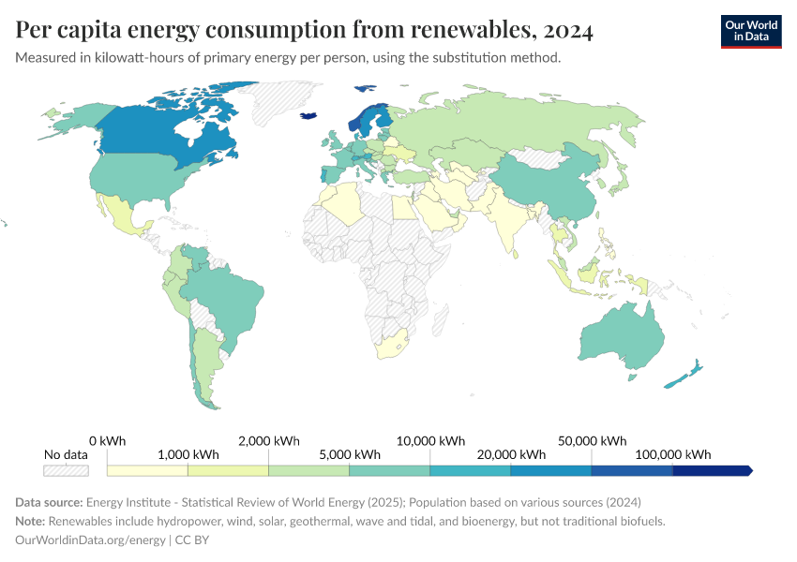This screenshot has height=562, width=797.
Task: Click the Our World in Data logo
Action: (750, 31)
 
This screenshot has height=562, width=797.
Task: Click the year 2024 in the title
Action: (567, 31)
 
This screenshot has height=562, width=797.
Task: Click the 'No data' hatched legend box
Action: (66, 470)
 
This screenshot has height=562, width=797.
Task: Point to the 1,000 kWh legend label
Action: (188, 454)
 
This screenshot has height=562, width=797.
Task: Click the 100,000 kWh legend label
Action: (671, 454)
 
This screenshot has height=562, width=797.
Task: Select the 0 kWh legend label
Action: (107, 440)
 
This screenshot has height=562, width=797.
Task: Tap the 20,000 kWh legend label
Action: (510, 454)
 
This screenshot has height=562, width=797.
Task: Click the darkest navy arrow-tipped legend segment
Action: (713, 470)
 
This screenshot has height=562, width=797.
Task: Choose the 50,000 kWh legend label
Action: (591, 440)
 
